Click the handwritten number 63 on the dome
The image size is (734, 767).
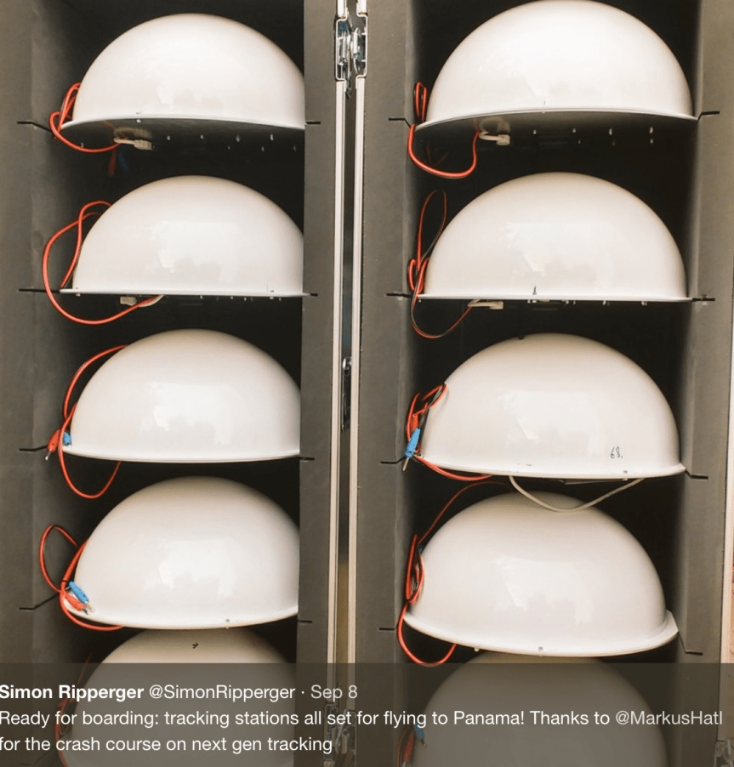[616, 453]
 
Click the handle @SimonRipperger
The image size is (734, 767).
[222, 692]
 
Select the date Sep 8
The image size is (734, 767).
[333, 692]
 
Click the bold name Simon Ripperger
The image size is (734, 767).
[71, 692]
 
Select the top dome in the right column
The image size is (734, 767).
[558, 64]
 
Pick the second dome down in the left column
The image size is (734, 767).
[186, 237]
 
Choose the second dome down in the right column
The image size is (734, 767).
[553, 237]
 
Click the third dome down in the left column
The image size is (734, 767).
[184, 396]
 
